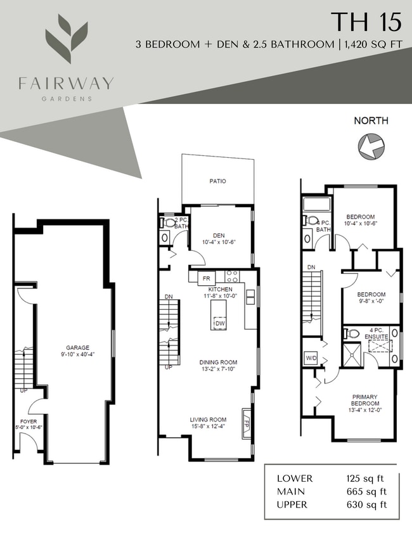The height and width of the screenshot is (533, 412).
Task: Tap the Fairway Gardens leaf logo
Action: [x=66, y=39]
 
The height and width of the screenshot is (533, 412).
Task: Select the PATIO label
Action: [x=218, y=181]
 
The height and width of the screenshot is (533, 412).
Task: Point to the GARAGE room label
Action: [x=77, y=347]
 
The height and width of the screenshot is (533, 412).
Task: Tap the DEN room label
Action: [x=219, y=236]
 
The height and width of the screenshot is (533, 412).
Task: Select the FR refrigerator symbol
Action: [x=205, y=278]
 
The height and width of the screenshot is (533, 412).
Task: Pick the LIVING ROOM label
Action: [x=208, y=420]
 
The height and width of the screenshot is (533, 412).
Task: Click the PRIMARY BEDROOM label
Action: [x=365, y=400]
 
